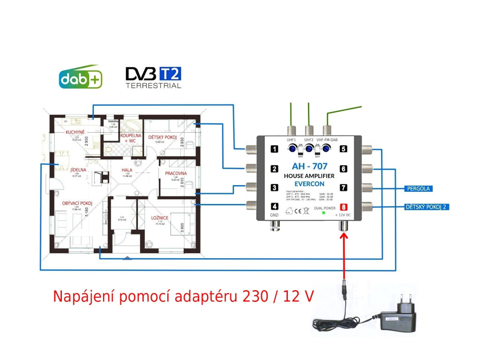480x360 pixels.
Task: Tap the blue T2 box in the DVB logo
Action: click(x=170, y=74)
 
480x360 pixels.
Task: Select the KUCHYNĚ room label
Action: click(x=75, y=133)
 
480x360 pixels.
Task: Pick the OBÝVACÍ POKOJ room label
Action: click(x=76, y=203)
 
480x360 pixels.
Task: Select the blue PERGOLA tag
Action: click(x=418, y=189)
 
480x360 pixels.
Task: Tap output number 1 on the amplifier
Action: click(x=275, y=150)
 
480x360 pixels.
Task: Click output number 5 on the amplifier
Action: click(x=344, y=150)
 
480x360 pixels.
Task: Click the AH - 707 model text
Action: click(x=309, y=166)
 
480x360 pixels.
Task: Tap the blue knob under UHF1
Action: click(x=292, y=149)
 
